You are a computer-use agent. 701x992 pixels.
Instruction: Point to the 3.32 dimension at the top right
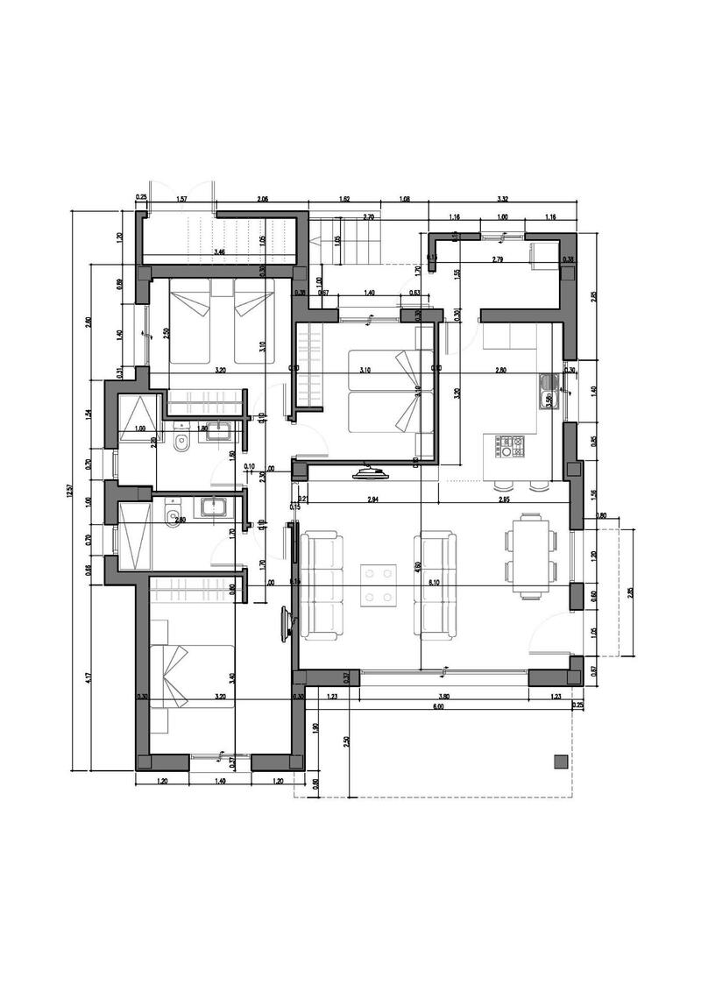[x=502, y=200]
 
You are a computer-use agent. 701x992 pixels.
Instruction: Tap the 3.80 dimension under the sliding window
[x=444, y=696]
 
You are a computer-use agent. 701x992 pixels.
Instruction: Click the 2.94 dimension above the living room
[x=373, y=500]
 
